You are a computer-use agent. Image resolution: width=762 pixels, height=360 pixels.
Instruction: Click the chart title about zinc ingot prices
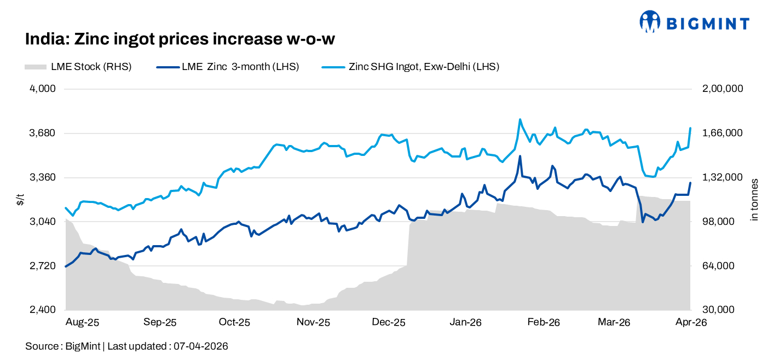coord(180,39)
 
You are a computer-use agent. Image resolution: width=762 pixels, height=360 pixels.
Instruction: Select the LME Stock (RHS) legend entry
coord(78,67)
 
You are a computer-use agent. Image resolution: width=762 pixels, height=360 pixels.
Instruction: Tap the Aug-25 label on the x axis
coord(82,323)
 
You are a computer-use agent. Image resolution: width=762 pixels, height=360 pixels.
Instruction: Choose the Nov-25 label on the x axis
coord(313,323)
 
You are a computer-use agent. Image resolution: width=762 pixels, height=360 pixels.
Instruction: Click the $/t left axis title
coord(20,200)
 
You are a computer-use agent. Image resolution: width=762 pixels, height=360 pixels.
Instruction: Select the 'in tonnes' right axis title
coord(754,200)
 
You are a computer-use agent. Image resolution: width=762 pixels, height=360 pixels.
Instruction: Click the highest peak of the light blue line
coord(519,119)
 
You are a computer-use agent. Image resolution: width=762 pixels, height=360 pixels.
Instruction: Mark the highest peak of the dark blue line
coord(519,156)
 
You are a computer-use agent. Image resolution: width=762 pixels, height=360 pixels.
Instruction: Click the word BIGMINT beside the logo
coord(707,23)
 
